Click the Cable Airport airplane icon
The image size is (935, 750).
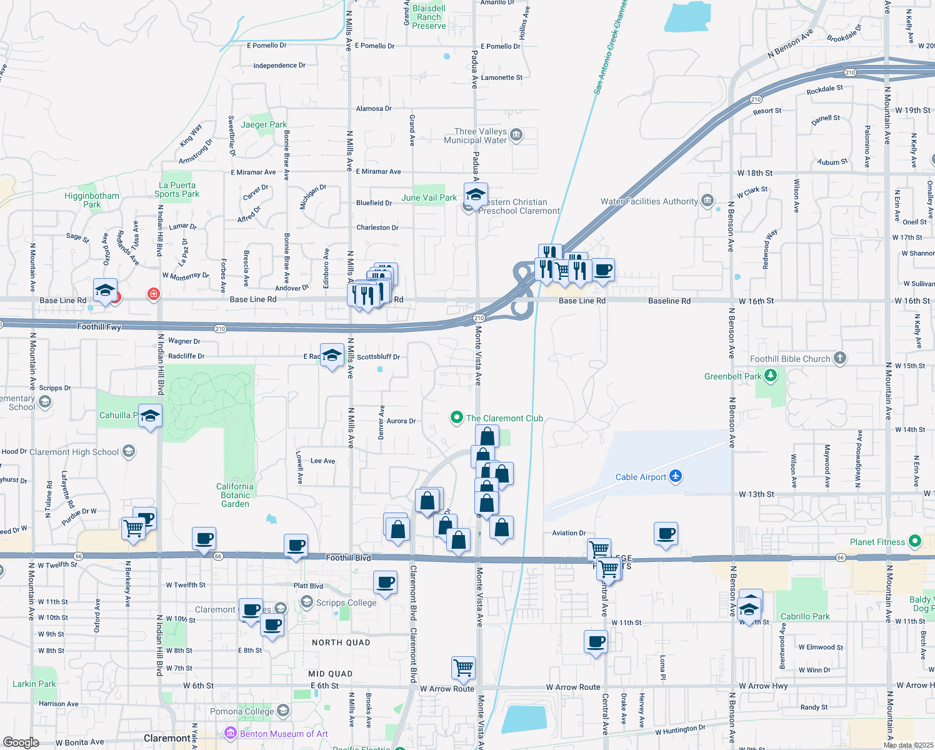point(675,476)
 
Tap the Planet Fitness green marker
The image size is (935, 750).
point(915,541)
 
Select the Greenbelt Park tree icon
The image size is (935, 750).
point(771,376)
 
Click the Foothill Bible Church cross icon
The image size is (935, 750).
point(840,358)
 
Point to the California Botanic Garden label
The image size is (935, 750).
point(235,495)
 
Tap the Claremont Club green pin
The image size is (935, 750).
point(457,417)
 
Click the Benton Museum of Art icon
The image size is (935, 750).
point(231,733)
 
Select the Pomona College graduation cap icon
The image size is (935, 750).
point(283,711)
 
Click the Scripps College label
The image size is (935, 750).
point(346,602)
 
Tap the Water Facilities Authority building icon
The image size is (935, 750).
point(707,201)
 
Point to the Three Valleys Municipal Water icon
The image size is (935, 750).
point(516,135)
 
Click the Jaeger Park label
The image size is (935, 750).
point(264,124)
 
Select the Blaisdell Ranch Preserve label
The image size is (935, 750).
point(429,17)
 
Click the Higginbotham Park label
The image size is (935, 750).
point(92,200)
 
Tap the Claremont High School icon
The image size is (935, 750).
point(128,451)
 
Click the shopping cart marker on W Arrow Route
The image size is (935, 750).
point(463,668)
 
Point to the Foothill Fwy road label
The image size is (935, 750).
point(99,326)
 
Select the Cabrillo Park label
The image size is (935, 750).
point(805,616)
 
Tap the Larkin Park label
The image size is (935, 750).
point(34,684)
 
